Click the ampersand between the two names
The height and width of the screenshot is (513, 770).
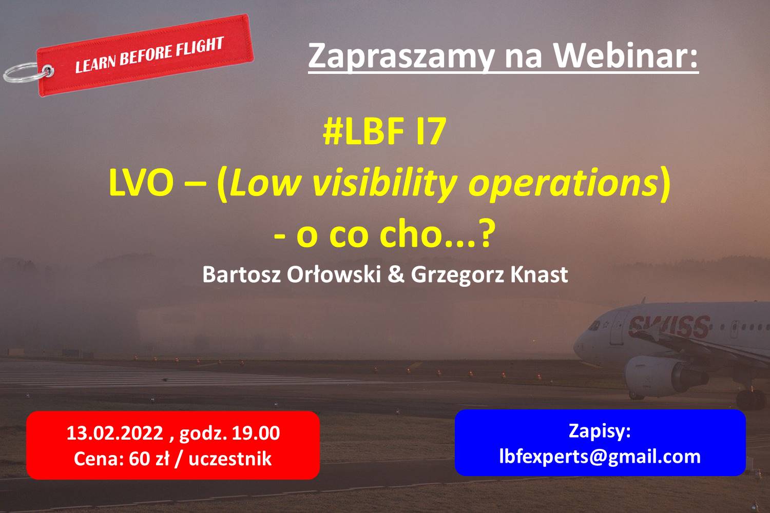[396, 275]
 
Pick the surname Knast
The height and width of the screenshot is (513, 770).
[539, 274]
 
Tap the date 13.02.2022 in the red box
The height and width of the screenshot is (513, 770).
[115, 433]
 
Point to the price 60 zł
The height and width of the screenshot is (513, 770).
[149, 459]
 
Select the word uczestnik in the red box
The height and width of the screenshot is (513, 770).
[230, 459]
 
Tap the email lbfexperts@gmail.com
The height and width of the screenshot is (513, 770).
[600, 457]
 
